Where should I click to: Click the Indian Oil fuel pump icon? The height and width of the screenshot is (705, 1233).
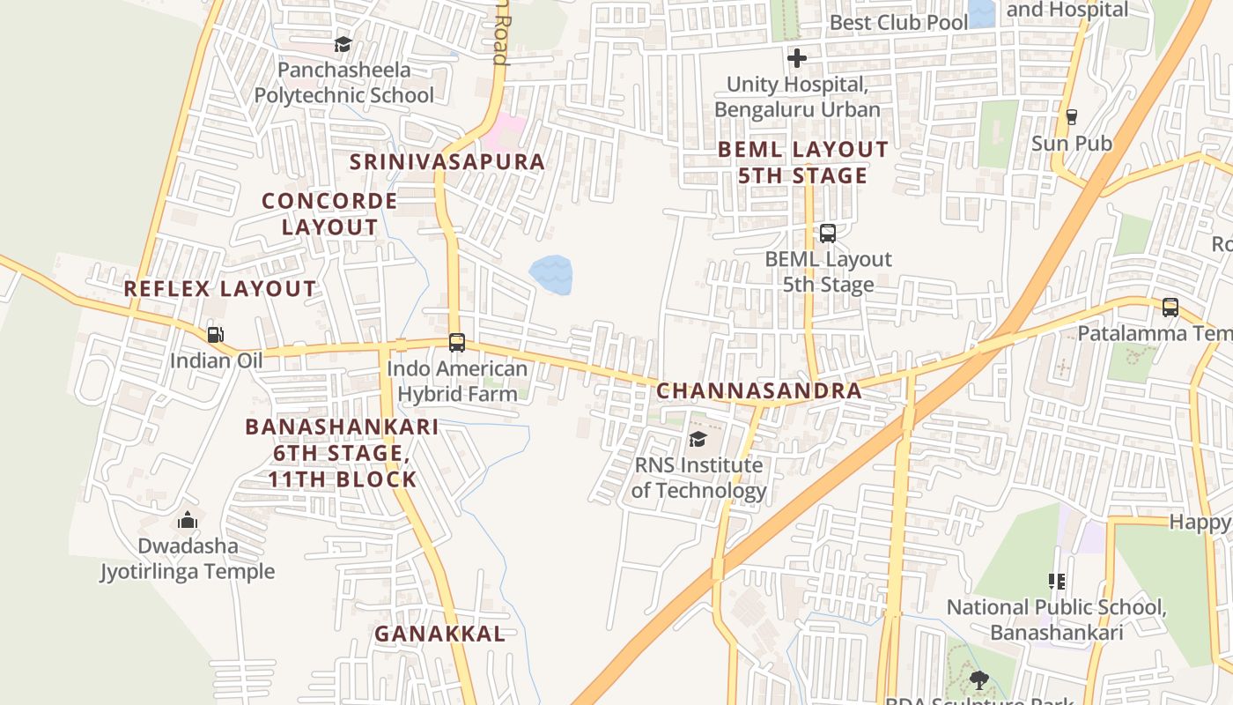coord(215,334)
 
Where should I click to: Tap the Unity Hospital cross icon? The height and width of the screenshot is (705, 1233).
coord(797,58)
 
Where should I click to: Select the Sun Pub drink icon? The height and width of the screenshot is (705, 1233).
coord(1071,116)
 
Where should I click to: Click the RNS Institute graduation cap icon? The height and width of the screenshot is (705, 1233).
coord(698,439)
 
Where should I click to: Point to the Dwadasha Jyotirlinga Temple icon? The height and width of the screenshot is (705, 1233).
coord(187,521)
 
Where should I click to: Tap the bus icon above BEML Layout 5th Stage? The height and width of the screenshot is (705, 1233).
coord(828,234)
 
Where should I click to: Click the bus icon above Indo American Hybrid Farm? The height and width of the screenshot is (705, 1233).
coord(456,343)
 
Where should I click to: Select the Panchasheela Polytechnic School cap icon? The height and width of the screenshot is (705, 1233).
coord(343,44)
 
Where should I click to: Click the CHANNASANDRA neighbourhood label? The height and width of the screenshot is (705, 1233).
coord(759,390)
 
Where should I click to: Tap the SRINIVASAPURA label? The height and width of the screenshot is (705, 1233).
coord(447,162)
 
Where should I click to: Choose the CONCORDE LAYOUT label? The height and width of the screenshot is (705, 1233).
coord(329,213)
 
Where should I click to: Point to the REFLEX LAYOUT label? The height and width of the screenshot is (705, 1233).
coord(220,288)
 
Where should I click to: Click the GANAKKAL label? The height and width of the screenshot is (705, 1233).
coord(439,634)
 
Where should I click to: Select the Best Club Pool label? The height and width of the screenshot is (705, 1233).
coord(898,22)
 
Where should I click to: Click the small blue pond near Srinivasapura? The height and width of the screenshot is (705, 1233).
coord(551,274)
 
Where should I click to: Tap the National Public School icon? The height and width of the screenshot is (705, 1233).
coord(1057,581)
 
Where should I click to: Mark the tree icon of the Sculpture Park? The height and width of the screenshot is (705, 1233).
coord(978,679)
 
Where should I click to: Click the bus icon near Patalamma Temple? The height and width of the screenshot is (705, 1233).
coord(1170,307)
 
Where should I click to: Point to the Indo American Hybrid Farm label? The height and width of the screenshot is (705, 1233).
coord(457,381)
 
